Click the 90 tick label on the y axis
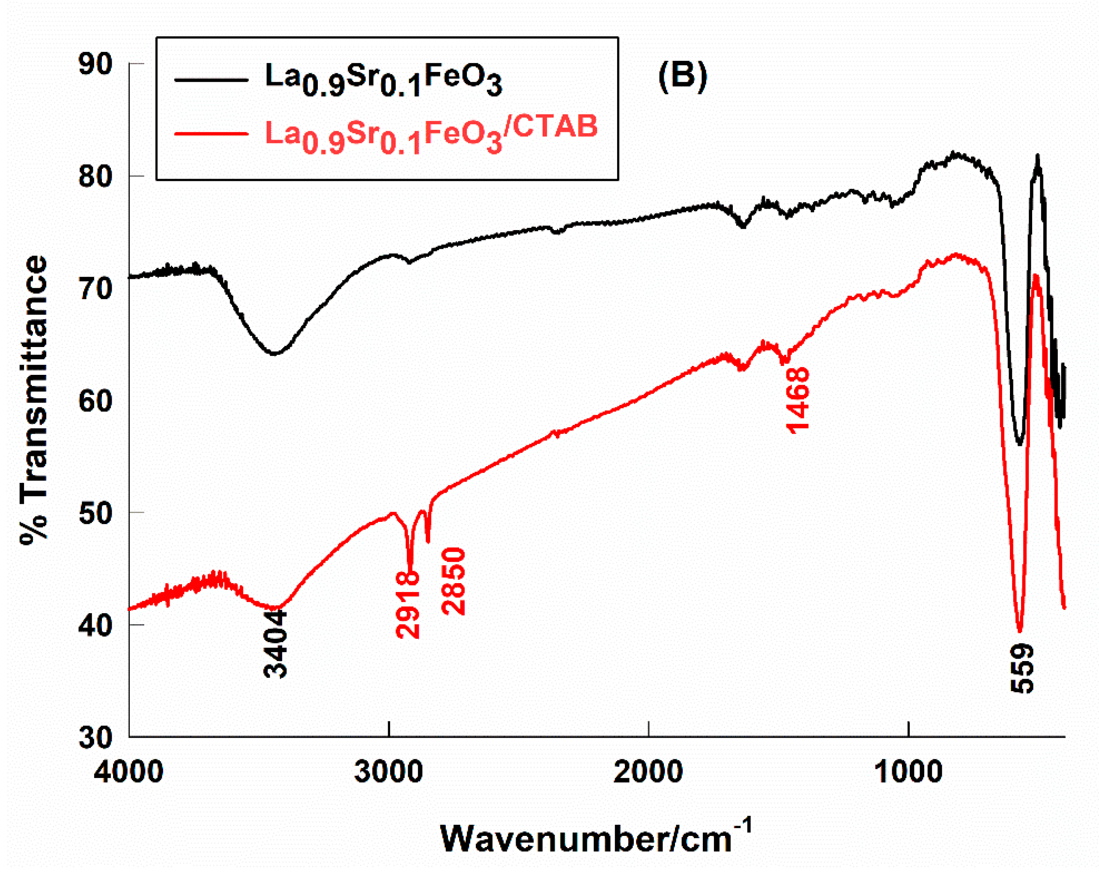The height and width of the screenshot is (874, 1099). pos(96,65)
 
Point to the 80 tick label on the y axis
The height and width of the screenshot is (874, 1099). pos(96,177)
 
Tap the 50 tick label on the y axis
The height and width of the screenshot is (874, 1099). pos(96,512)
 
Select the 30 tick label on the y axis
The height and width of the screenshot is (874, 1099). pos(96,737)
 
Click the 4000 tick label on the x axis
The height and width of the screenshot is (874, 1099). pos(128,772)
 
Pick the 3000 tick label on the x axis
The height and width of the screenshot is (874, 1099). pos(389,772)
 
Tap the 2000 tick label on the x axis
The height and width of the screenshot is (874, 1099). pos(648,772)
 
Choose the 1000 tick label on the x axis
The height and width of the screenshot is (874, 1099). pos(908,772)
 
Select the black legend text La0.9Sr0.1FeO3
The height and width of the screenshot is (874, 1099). pos(383,80)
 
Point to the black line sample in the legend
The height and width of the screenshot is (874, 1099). pos(211,80)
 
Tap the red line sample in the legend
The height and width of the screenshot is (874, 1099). pos(211,134)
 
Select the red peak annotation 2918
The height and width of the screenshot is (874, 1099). pos(408,604)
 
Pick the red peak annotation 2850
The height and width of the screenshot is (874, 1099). pos(454,581)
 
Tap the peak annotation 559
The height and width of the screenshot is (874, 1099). pos(1022,668)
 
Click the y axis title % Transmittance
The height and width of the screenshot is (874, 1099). pos(34,400)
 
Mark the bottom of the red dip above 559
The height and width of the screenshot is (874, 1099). pos(1019,631)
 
